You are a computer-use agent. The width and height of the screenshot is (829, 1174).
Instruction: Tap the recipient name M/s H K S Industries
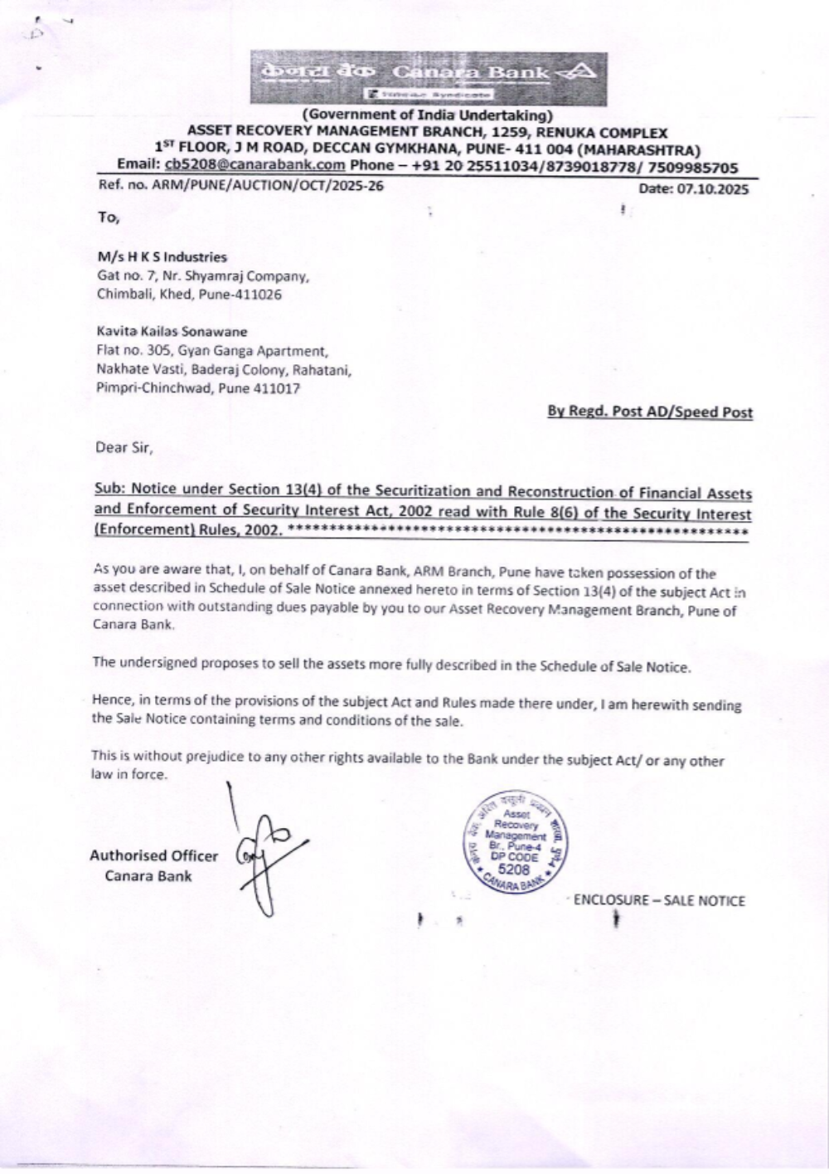162,257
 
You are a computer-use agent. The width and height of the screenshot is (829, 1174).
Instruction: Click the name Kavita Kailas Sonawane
172,331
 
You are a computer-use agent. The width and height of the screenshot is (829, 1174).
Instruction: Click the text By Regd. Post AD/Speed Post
650,412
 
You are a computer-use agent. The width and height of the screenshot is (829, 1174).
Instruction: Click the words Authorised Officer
153,856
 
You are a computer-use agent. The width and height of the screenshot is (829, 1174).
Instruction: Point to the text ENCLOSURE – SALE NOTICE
659,901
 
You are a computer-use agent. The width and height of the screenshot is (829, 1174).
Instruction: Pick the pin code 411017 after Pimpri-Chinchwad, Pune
278,388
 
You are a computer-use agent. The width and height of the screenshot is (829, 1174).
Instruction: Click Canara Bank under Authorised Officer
148,876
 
